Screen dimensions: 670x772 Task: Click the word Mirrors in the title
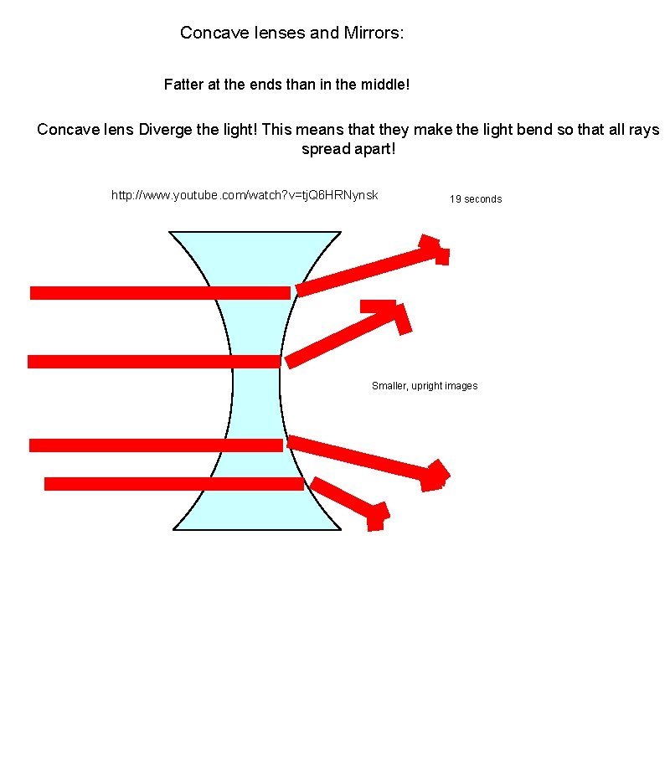coord(371,33)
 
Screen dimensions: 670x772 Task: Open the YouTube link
coord(245,195)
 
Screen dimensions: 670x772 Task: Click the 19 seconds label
coord(476,199)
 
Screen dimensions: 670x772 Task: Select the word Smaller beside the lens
coord(389,386)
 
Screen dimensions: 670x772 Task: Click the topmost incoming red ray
coord(159,292)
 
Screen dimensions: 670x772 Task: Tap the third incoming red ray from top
coord(156,445)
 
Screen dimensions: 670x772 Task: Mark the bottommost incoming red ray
coord(173,484)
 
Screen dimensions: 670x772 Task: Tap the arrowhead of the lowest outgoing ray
coord(377,515)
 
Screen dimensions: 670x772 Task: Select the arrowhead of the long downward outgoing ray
coord(435,476)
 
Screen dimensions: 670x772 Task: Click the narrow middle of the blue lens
coord(256,381)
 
